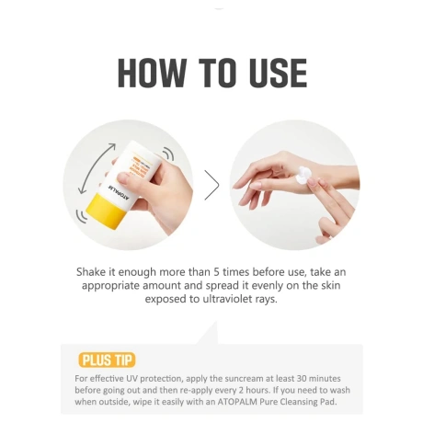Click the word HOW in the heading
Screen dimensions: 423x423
[152, 73]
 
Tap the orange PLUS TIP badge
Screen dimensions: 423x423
[107, 360]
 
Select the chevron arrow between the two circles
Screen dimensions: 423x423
[212, 185]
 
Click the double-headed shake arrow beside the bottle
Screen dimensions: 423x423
[97, 168]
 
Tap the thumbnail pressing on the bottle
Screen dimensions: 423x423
[125, 178]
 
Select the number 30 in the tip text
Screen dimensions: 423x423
[302, 379]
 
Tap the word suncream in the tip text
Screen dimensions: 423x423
[244, 379]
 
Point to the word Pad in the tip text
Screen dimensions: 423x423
[329, 402]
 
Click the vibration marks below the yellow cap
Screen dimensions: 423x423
[82, 216]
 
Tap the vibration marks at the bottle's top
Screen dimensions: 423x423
[167, 154]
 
